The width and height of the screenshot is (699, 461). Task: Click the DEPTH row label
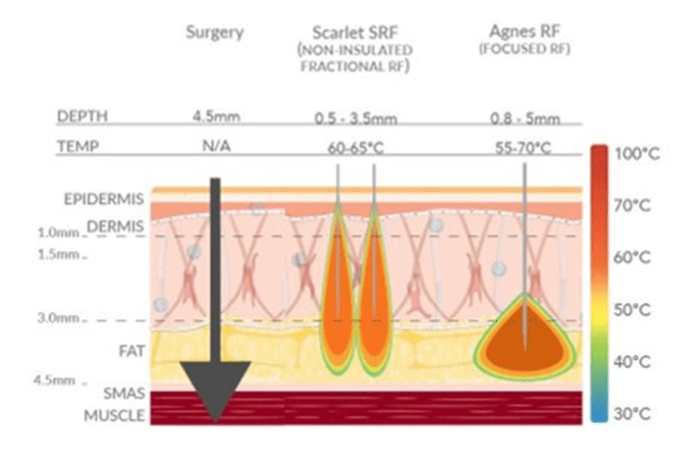[83, 117]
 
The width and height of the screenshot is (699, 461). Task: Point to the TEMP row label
[79, 145]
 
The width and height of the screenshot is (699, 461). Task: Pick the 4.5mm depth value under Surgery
[215, 117]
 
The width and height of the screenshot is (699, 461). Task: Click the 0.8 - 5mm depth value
[523, 118]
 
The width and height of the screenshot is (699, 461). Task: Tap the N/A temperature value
[215, 145]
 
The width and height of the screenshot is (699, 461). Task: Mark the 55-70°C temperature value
[523, 146]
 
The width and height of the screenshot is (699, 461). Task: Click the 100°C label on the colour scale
[638, 154]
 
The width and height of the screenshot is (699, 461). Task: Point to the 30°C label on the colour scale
[636, 414]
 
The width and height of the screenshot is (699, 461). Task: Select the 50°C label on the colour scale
[636, 310]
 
